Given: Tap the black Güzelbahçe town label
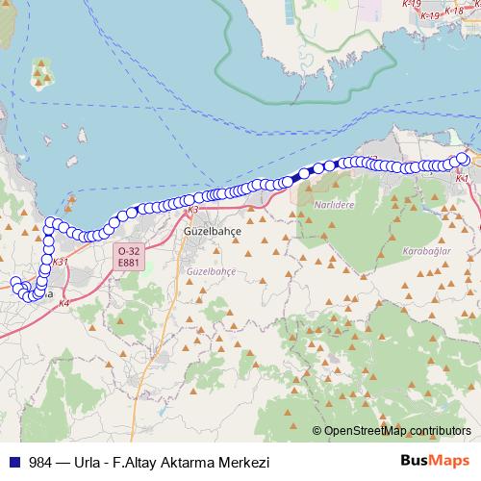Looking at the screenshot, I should click(x=213, y=232).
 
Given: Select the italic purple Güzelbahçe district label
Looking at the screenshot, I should click(x=212, y=272).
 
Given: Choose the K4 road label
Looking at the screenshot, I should click(x=64, y=304).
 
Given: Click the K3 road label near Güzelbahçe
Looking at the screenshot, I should click(x=193, y=210).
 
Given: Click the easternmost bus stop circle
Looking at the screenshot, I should click(x=463, y=159).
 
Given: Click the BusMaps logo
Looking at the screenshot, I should click(x=434, y=461).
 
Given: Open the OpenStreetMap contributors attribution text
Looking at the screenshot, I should click(x=397, y=430).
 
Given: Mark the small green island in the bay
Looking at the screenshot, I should click(x=42, y=72).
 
